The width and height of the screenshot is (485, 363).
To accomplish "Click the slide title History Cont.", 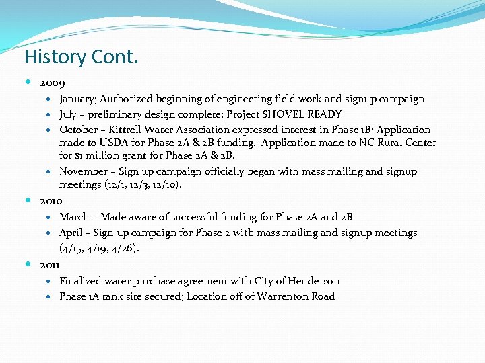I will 82,57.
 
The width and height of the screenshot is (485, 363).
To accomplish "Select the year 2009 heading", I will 52,84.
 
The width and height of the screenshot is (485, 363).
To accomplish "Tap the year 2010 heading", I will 51,201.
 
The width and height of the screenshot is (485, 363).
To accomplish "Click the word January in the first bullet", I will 80,99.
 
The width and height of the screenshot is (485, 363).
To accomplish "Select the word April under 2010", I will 71,233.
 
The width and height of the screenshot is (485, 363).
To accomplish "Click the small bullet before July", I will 53,114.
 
